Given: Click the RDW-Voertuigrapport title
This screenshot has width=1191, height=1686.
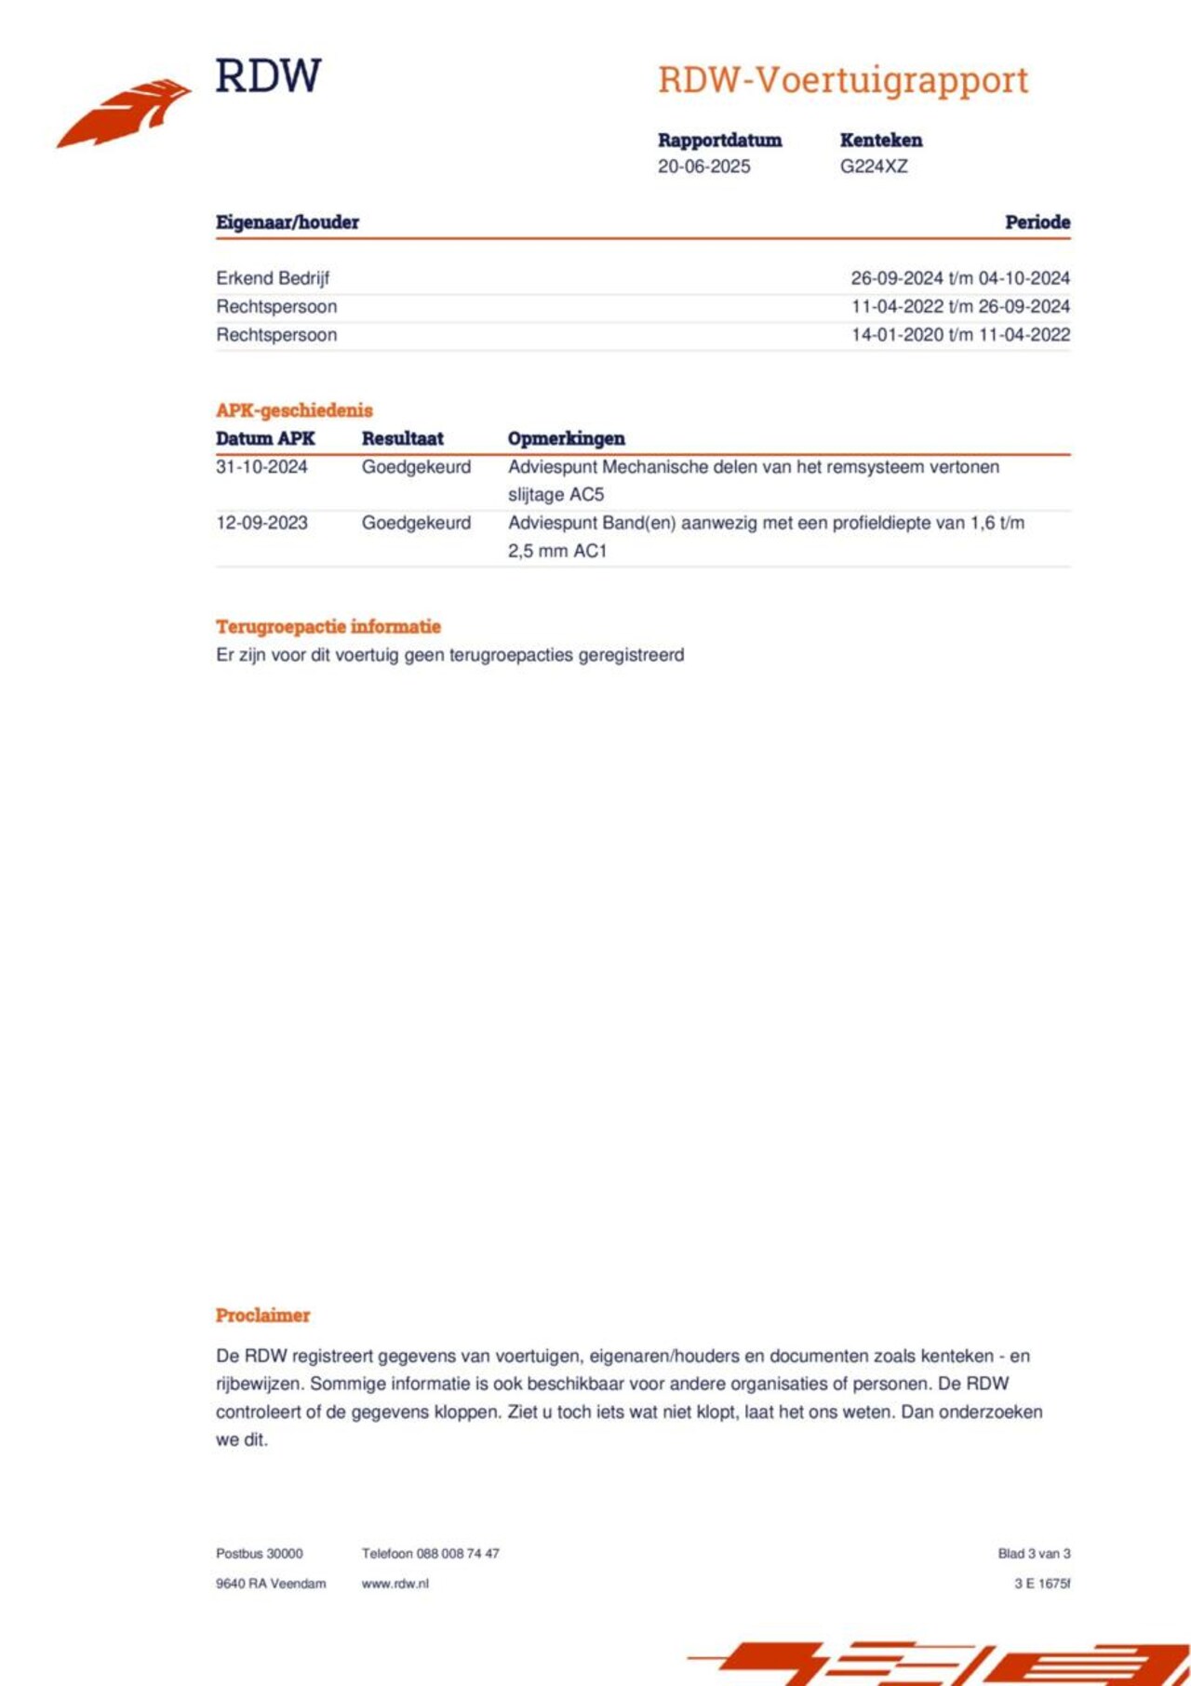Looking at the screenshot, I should (x=843, y=81).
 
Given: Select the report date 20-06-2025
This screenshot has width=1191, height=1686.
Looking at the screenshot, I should (x=703, y=167).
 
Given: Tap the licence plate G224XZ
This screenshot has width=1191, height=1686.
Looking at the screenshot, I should (x=874, y=167).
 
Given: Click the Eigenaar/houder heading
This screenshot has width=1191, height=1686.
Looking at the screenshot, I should (x=288, y=222).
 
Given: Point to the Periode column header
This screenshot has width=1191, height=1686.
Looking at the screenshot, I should (x=1037, y=222).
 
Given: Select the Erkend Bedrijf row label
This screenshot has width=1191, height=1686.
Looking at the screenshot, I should (x=273, y=278).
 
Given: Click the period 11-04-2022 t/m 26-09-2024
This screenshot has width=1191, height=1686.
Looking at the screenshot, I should (x=960, y=306).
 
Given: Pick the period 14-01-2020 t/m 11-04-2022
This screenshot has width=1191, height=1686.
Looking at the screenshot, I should (x=960, y=335).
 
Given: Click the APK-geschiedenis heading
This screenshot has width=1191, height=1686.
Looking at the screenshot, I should (x=294, y=410).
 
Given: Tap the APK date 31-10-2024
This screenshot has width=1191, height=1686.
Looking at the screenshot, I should (x=261, y=467).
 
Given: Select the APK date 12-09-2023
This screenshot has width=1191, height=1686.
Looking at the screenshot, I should (x=261, y=523).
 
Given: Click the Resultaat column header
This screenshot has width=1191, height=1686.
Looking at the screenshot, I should (x=402, y=438).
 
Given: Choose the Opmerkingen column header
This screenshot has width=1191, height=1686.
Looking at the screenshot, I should (x=566, y=438).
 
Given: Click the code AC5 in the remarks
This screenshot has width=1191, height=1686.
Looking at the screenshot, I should (x=587, y=495).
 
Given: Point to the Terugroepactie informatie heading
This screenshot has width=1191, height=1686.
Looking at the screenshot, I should (x=328, y=626).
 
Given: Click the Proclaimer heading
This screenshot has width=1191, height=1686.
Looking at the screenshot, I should (x=262, y=1315).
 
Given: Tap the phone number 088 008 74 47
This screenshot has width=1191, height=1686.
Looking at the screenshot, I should (x=458, y=1553).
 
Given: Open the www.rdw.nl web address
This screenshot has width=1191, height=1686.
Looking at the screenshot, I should (x=395, y=1583).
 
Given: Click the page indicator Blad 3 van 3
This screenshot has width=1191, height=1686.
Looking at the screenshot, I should (x=1034, y=1553).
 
